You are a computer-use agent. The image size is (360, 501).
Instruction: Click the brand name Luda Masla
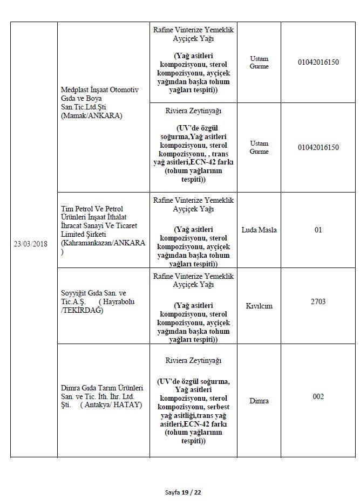259,230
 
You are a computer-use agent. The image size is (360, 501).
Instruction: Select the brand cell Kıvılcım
259,306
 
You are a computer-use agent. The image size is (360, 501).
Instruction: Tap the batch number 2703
318,301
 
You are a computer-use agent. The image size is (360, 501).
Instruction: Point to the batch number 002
318,396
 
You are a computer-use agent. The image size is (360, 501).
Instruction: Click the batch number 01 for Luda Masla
318,230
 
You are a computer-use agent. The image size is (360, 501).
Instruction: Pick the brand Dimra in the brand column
259,401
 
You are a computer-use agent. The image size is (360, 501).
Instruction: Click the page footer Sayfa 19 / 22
183,492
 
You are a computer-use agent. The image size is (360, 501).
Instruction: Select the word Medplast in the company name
75,90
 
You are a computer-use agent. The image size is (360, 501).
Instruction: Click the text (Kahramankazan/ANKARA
103,243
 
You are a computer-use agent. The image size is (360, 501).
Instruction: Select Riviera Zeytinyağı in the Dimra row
193,360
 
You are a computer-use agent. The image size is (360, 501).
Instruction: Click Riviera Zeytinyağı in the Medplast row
193,111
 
